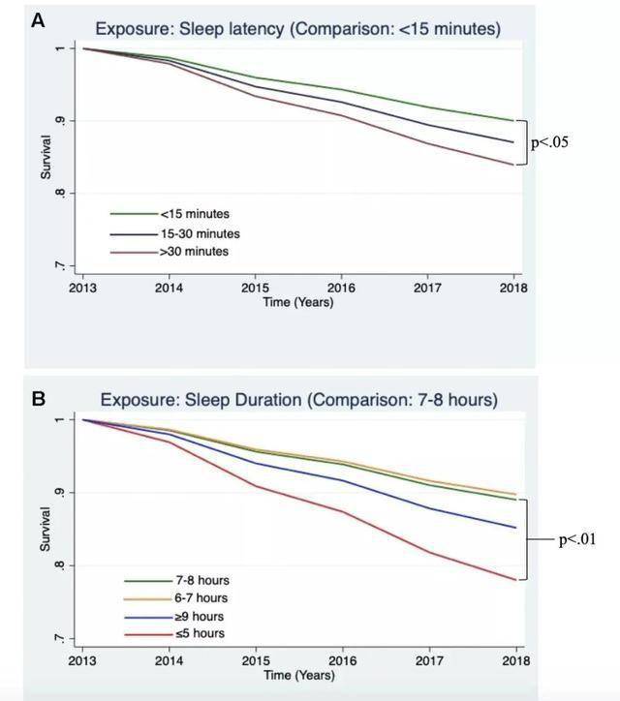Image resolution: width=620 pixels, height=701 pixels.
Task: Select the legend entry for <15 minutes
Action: (195, 214)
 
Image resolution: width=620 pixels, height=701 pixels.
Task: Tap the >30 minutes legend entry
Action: (195, 252)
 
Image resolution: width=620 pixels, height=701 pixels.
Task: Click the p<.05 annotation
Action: (549, 143)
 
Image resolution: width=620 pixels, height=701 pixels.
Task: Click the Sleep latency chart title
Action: (299, 29)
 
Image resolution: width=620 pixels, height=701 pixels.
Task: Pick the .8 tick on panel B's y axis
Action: (60, 565)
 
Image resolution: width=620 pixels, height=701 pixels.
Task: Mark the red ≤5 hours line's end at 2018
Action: (514, 580)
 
